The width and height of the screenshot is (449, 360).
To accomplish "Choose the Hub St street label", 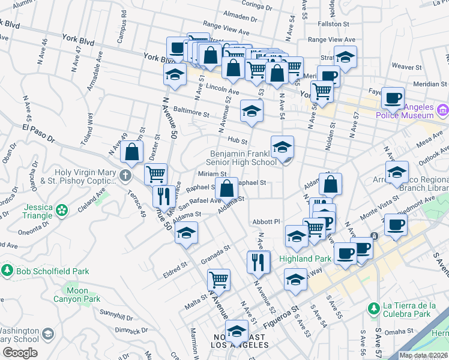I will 238,140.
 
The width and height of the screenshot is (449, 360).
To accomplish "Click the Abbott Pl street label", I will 267,221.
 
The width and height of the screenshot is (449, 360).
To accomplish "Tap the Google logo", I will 20,353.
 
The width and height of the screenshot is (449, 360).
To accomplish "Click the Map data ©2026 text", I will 423,355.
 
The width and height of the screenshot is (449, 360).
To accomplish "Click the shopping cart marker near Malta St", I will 218,279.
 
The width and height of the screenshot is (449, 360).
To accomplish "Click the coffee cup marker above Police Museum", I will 393,97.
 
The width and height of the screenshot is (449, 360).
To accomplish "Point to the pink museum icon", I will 444,110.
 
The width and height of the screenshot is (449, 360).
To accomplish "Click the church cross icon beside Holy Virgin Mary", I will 125,176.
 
